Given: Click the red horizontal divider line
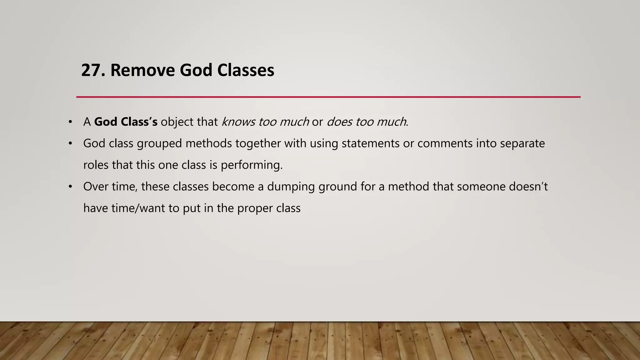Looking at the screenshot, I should (x=328, y=97).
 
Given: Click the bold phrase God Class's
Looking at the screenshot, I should (x=126, y=122).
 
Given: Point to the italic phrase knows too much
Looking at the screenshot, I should (x=265, y=122).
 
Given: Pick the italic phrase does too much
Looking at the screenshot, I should (x=367, y=122).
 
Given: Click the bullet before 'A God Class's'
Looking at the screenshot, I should (x=70, y=122).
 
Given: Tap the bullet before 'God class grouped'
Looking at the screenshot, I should (x=70, y=143).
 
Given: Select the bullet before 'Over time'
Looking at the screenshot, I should (x=70, y=187).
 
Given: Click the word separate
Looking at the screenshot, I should (x=522, y=143).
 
